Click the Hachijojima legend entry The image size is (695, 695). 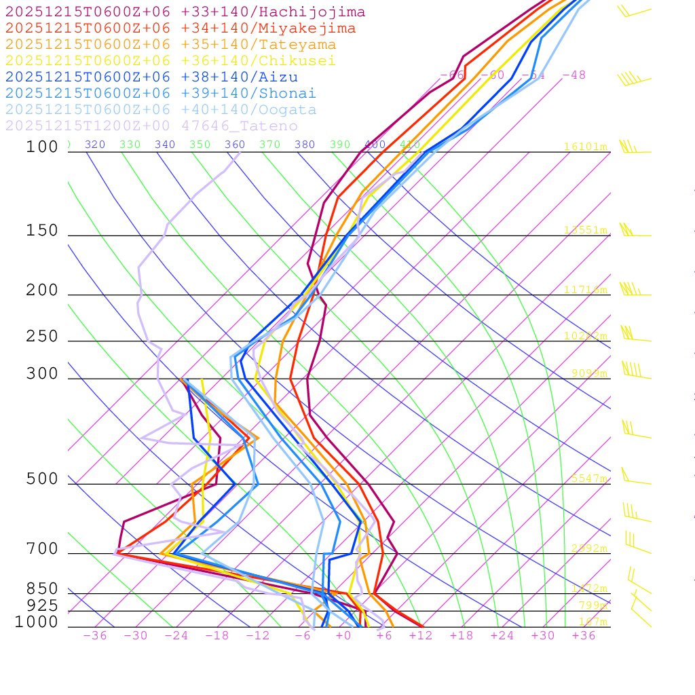click(x=185, y=12)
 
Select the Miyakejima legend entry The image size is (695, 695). click(x=180, y=29)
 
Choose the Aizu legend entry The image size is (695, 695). click(x=151, y=77)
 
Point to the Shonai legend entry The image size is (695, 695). click(x=160, y=94)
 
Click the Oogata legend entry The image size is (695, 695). click(x=160, y=110)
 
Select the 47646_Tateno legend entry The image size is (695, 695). click(x=151, y=126)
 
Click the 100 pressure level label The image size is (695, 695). click(x=42, y=147)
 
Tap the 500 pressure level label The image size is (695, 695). click(x=42, y=479)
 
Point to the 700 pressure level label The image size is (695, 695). click(x=42, y=549)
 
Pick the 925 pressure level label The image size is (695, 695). click(x=42, y=605)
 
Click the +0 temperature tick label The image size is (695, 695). click(x=343, y=636)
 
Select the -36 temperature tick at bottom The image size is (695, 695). click(x=95, y=636)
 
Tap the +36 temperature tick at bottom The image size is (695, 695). click(x=584, y=636)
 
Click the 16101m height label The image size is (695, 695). click(x=586, y=147)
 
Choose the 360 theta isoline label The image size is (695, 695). click(x=235, y=145)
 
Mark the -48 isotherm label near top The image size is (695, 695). click(x=574, y=75)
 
